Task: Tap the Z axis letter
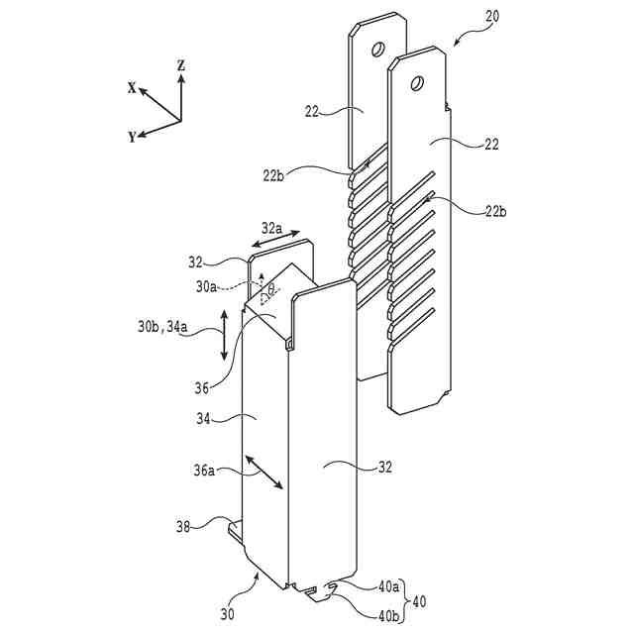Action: [181, 65]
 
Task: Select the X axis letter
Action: [131, 87]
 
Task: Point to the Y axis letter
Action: [131, 138]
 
